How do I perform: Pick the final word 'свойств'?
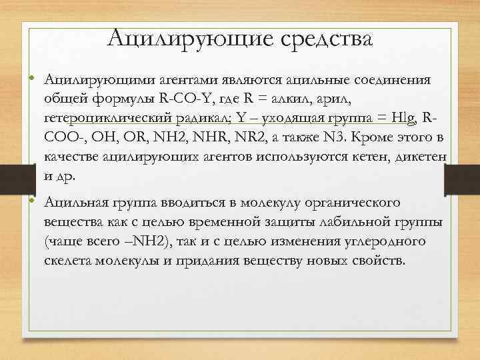pos(377,259)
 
